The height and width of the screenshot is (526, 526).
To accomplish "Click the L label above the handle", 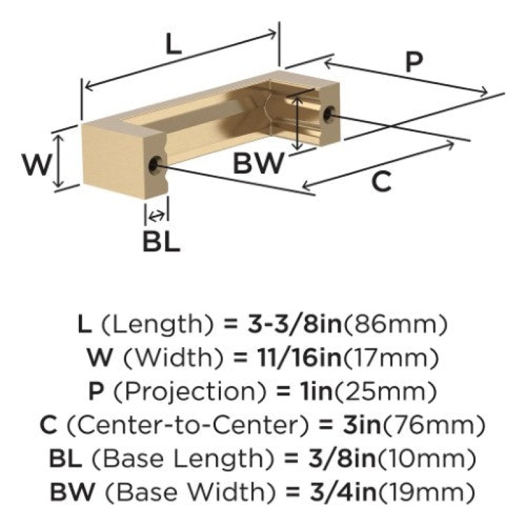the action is tap(174, 44).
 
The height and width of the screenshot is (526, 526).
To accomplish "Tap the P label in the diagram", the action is tap(414, 62).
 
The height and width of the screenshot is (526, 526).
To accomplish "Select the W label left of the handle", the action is tap(37, 164).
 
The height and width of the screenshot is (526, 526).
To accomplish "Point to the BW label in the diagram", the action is tap(258, 163).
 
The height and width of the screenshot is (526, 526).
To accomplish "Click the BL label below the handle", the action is tap(161, 241).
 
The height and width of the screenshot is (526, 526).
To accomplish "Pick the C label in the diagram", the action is tap(381, 181).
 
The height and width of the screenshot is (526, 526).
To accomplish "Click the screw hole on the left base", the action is tap(154, 164).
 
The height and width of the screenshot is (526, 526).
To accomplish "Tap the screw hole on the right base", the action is tap(328, 113).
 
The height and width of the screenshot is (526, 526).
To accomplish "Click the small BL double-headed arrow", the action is tap(156, 216).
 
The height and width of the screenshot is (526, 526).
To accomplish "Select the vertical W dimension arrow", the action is tap(59, 160).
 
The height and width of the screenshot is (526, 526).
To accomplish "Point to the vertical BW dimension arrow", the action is tap(298, 122).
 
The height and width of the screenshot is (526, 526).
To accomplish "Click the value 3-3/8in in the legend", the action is tap(295, 324).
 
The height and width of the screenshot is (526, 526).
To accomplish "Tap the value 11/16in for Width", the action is tap(299, 358).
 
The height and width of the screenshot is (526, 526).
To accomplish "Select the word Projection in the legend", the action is tap(190, 391).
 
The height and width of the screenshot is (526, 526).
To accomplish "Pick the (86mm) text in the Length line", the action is tap(395, 325).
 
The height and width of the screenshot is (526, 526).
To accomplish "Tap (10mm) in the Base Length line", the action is tap(427, 458).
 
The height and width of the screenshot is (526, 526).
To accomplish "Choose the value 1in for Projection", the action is tap(316, 391).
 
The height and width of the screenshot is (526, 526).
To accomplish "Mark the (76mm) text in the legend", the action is tap(434, 425).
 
